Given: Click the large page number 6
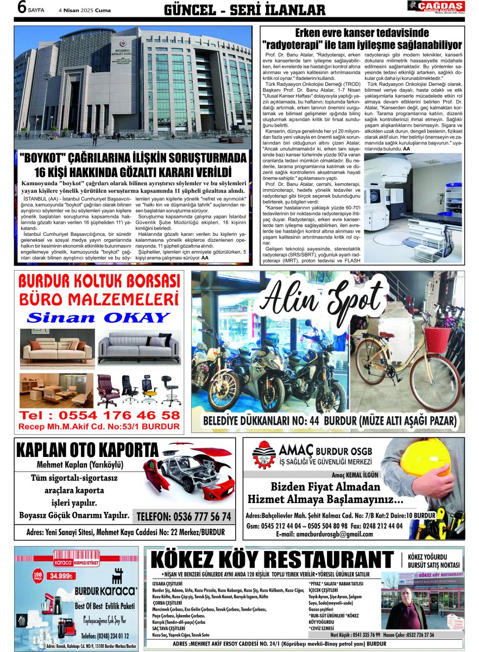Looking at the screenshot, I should point(22,8).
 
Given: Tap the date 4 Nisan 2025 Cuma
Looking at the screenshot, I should point(85,10).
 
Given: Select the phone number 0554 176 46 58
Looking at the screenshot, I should point(99,415).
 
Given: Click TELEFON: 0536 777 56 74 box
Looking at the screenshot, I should point(184,516).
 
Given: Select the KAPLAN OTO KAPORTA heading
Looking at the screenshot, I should point(87,451).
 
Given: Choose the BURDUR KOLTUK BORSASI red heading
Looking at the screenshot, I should point(99,281).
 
